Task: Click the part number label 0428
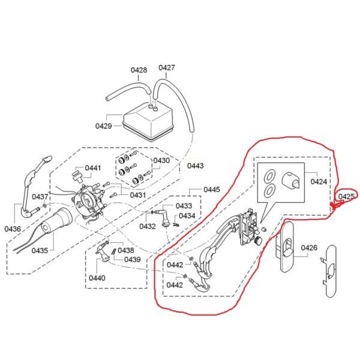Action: [x=139, y=70]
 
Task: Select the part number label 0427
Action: [x=167, y=68]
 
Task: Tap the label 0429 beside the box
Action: [x=103, y=126]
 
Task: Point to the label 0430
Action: [x=161, y=161]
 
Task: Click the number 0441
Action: [x=93, y=168]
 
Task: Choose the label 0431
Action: [x=138, y=194]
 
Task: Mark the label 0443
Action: [x=196, y=166]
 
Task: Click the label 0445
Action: [x=212, y=190]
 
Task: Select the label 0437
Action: [x=40, y=197]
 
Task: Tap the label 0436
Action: [x=13, y=229]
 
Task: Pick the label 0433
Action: [x=184, y=206]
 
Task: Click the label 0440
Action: [x=97, y=278]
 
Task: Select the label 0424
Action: [x=319, y=181]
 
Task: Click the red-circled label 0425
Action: [x=347, y=196]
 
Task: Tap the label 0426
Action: [x=309, y=247]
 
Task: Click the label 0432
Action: [x=148, y=226]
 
